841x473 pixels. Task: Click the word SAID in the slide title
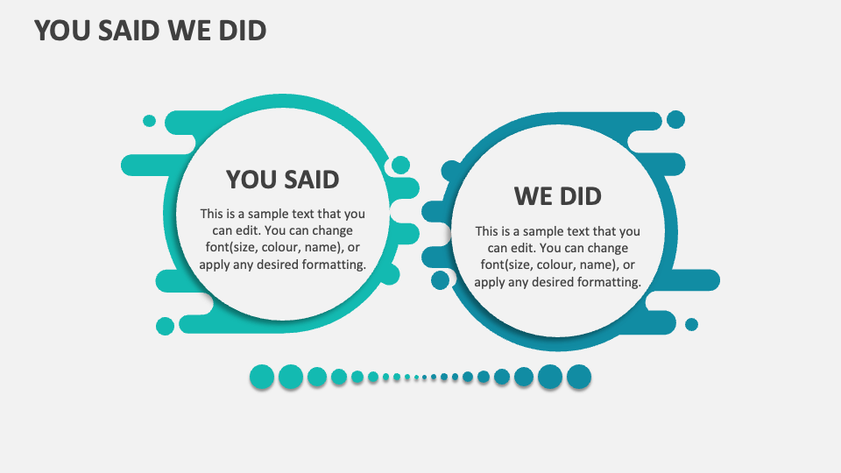pos(129,31)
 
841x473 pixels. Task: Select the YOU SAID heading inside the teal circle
pos(283,180)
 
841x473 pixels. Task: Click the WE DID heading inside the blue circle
pos(558,196)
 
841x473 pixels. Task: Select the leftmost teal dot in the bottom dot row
pos(262,377)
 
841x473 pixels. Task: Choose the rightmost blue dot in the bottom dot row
pos(579,377)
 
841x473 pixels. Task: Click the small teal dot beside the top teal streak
pos(149,121)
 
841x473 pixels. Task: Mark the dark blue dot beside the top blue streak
pos(675,119)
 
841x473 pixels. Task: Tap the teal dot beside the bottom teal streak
pos(165,326)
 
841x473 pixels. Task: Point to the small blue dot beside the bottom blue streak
pos(691,324)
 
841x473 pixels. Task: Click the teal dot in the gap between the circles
pos(400,166)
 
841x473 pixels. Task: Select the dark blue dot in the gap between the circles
pos(440,280)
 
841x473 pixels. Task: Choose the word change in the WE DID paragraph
pos(607,248)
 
